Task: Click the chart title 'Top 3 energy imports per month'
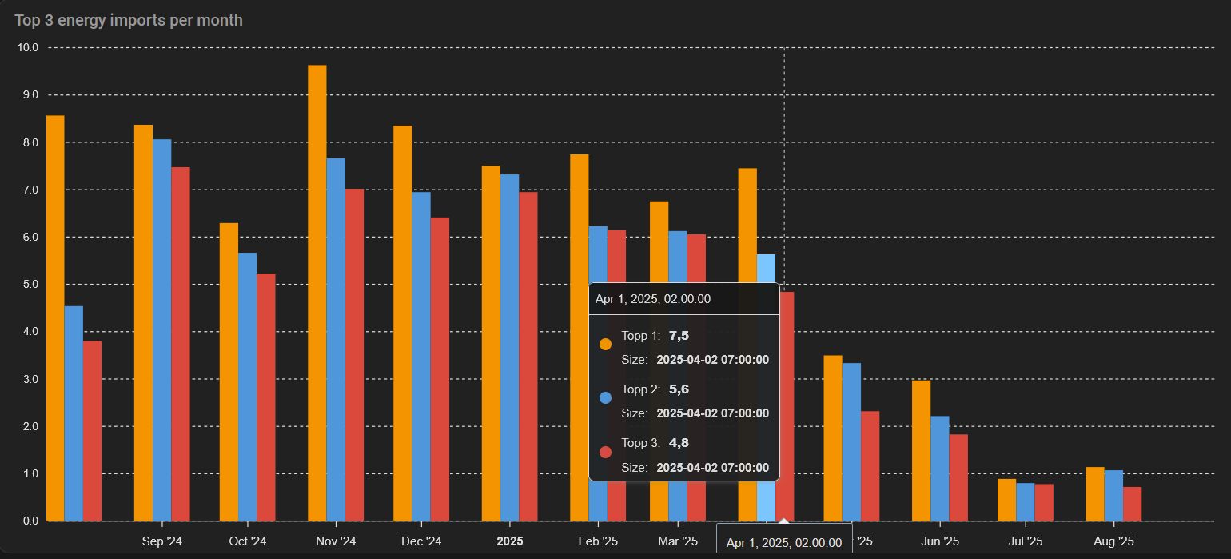(x=129, y=20)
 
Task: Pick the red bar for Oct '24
(x=266, y=397)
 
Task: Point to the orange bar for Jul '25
(x=1006, y=500)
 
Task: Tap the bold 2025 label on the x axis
(x=510, y=541)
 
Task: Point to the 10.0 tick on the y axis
(x=28, y=48)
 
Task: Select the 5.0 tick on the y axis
(x=28, y=285)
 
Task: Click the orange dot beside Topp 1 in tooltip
(x=605, y=344)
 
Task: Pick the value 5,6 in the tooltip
(x=679, y=389)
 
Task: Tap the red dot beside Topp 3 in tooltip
(x=605, y=452)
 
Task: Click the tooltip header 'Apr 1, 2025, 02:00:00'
(x=653, y=299)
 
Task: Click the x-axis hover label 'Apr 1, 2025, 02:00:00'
(x=783, y=543)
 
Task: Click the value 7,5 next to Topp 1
(x=679, y=336)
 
